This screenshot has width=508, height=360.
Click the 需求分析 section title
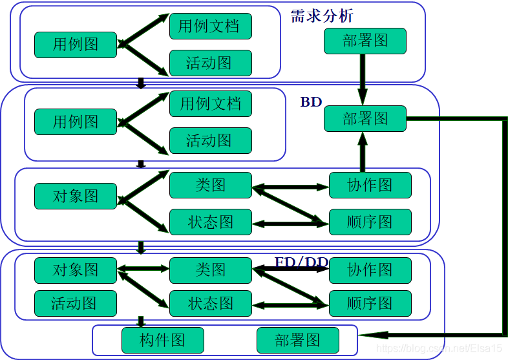coord(322,16)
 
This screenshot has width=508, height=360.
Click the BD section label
coord(311,102)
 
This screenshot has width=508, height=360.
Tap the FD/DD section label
coord(301,262)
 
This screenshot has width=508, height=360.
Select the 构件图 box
coord(162,341)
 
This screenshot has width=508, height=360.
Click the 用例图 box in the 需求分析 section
coord(76,45)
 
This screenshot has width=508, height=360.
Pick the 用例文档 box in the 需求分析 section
coord(210,26)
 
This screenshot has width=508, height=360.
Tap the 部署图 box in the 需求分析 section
coord(365,41)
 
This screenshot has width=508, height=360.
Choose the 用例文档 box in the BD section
coord(210,103)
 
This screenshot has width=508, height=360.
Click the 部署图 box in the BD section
coord(365,118)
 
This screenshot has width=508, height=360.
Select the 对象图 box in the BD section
coord(76,196)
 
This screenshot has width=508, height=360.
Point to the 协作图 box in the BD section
coord(370,185)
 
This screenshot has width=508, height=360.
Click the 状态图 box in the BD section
coord(210,222)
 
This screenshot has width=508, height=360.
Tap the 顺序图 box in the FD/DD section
coord(370,303)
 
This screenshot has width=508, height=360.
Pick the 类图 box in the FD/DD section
coord(210,270)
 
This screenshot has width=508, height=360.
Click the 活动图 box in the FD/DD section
coord(76,303)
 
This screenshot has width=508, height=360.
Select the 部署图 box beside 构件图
coord(297,341)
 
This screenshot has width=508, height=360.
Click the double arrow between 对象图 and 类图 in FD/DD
coord(143,270)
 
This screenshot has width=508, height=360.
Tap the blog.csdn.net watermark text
coord(439,349)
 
